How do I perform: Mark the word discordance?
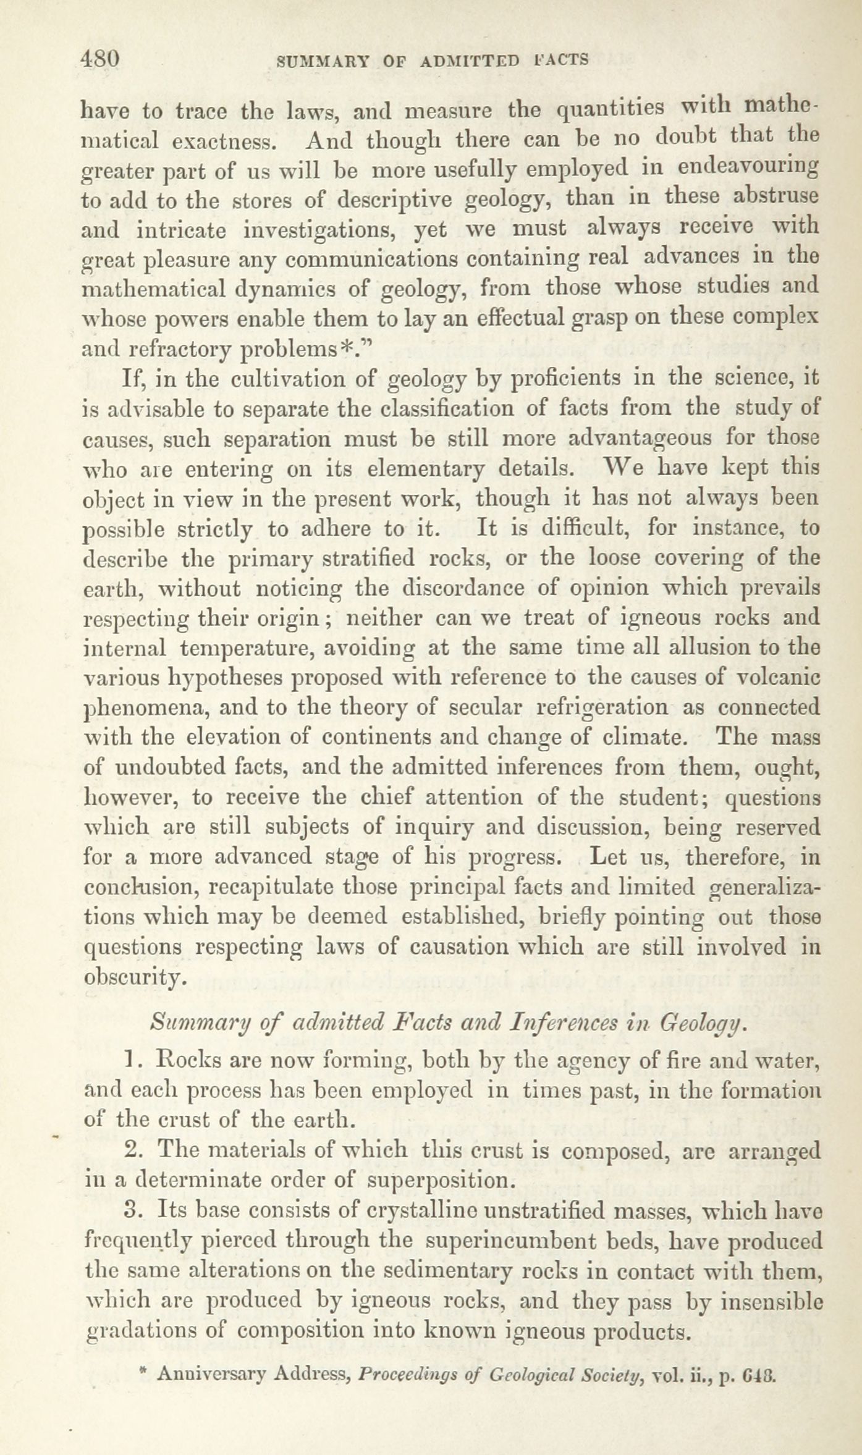pos(463,588)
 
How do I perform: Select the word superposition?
pos(440,1181)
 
